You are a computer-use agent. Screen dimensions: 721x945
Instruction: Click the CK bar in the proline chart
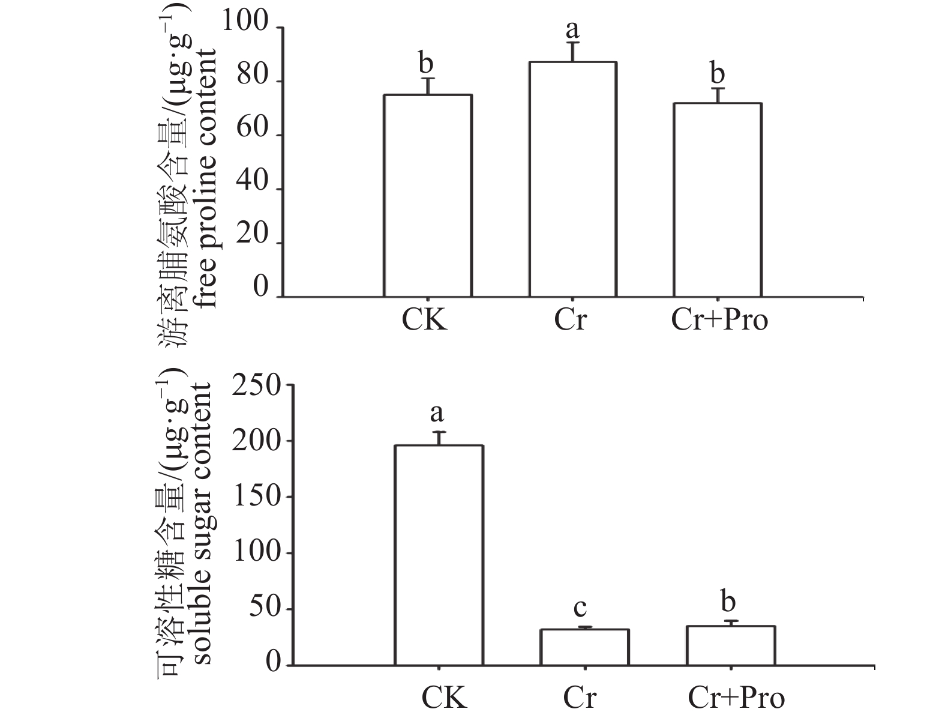click(427, 196)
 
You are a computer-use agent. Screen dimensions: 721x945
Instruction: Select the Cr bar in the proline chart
click(572, 179)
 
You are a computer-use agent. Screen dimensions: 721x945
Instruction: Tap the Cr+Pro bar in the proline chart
click(718, 200)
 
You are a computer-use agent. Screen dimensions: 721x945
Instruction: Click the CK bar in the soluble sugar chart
click(439, 555)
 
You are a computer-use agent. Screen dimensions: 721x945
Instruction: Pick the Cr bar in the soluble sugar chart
click(584, 647)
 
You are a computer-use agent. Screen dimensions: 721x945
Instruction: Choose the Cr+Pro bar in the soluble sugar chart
click(731, 645)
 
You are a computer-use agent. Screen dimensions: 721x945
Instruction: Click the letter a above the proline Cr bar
click(572, 28)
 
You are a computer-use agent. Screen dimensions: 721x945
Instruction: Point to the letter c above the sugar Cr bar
click(580, 608)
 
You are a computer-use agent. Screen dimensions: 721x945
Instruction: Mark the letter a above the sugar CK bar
click(437, 413)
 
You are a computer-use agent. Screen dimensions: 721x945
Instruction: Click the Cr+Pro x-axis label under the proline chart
click(719, 319)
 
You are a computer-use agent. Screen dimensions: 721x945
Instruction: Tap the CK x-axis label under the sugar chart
click(444, 698)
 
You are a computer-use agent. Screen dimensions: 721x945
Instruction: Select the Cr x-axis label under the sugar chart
click(580, 698)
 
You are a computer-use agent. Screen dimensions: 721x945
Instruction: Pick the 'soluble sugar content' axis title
click(202, 524)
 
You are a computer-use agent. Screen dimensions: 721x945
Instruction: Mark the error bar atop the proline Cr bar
click(572, 52)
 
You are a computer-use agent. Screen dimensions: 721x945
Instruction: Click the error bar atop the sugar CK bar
click(439, 438)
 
